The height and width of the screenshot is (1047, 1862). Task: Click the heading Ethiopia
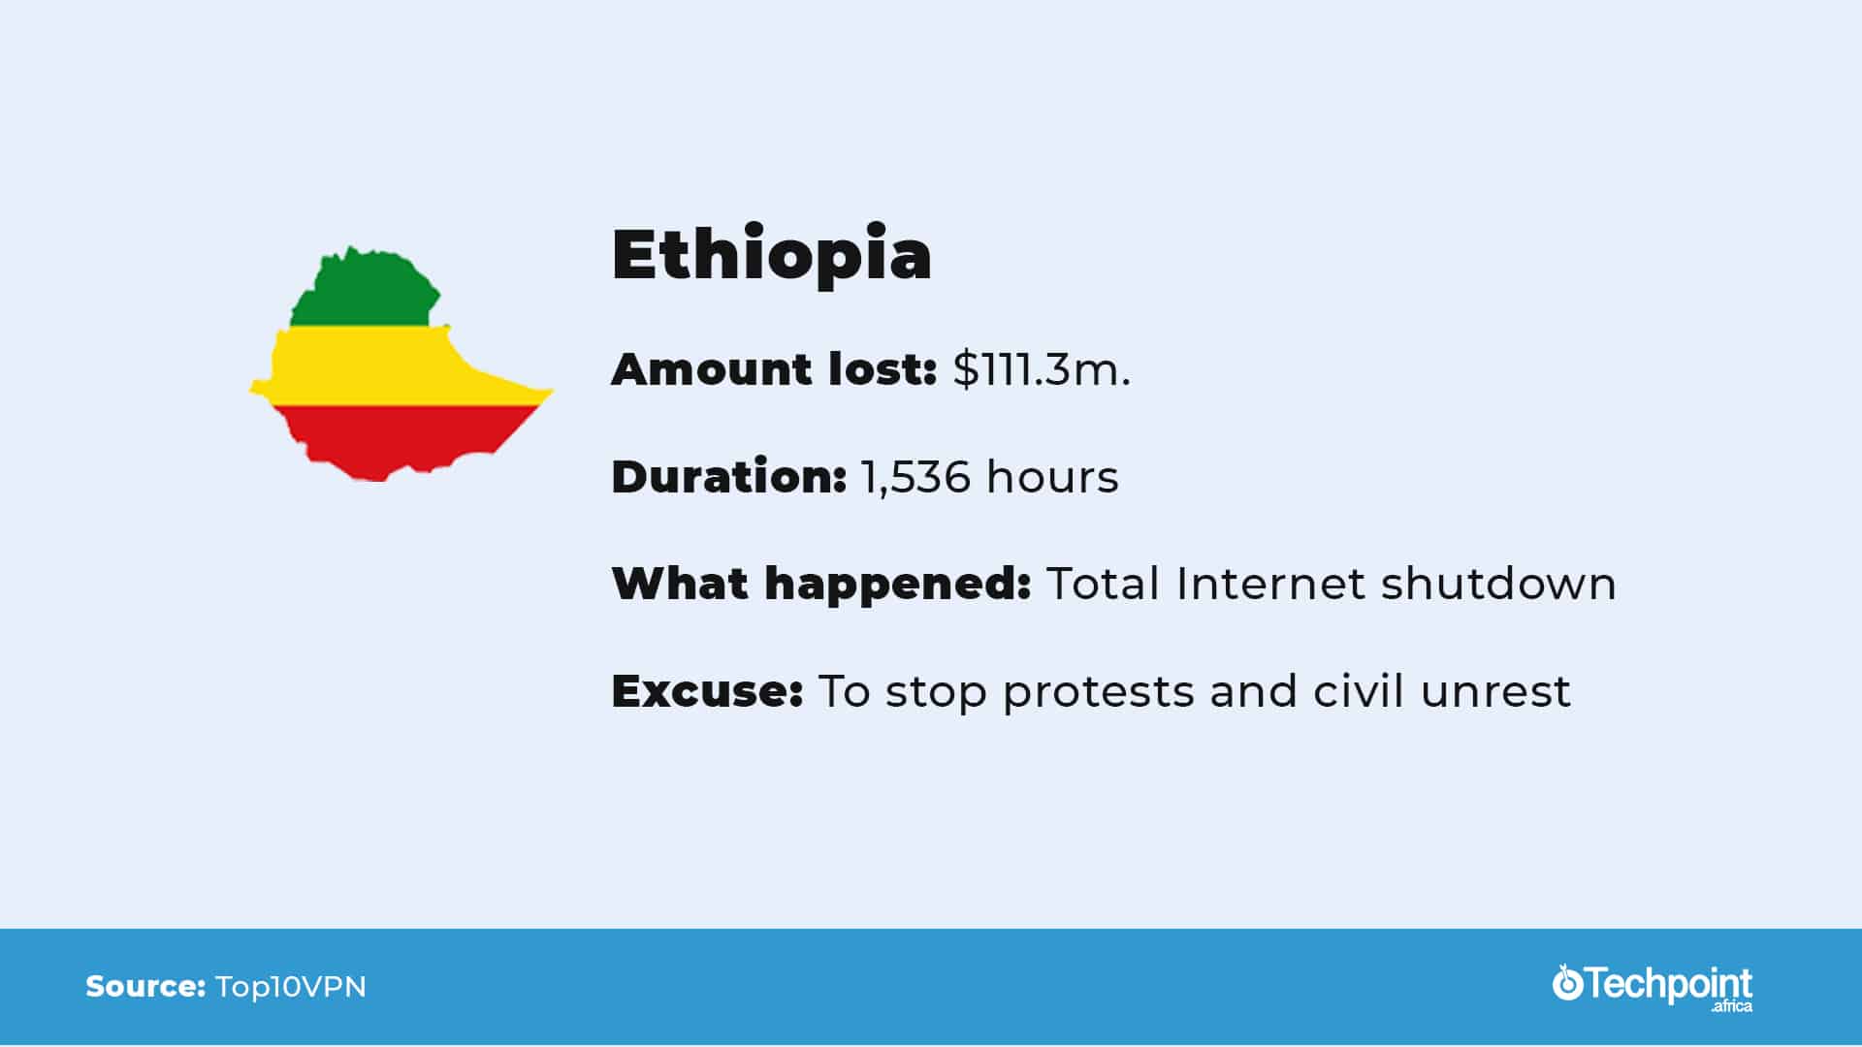pyautogui.click(x=772, y=255)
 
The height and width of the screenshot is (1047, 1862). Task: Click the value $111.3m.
pyautogui.click(x=1042, y=369)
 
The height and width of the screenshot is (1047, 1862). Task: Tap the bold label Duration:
pyautogui.click(x=729, y=477)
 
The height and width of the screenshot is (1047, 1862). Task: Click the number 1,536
pyautogui.click(x=915, y=478)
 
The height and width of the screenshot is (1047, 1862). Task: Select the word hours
pyautogui.click(x=1052, y=477)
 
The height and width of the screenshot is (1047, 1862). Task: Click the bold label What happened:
pyautogui.click(x=821, y=585)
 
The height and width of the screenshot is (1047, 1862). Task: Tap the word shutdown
pyautogui.click(x=1498, y=584)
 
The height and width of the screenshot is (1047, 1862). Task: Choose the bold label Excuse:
pyautogui.click(x=708, y=691)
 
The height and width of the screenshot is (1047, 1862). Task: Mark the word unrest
pyautogui.click(x=1495, y=692)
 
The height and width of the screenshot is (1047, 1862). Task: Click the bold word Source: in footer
pyautogui.click(x=145, y=987)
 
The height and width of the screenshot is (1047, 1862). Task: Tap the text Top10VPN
pyautogui.click(x=291, y=987)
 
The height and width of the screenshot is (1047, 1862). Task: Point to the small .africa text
pyautogui.click(x=1732, y=1007)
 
